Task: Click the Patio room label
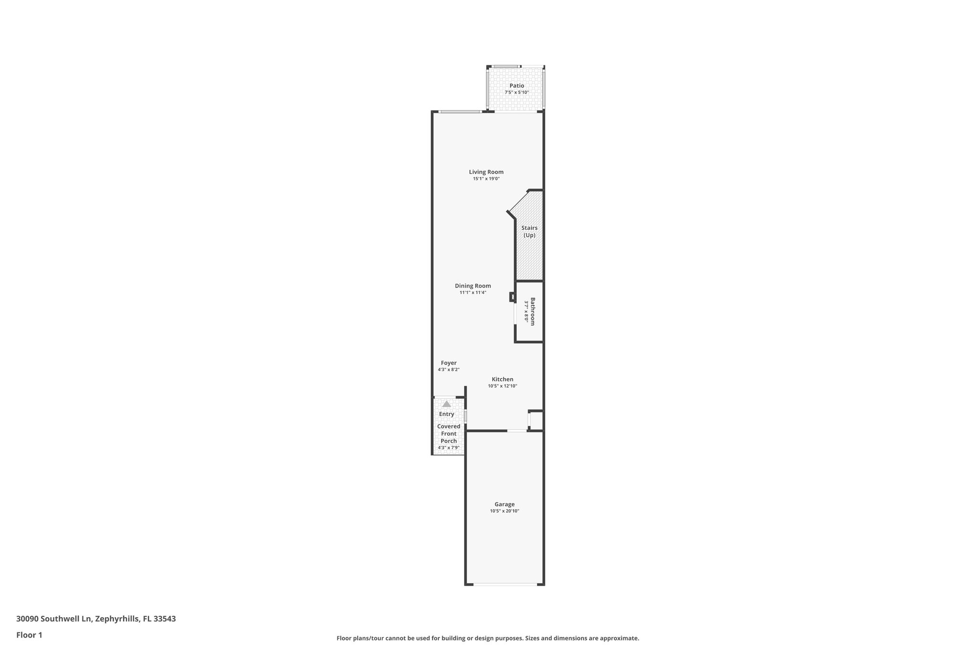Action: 517,86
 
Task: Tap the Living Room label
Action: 486,172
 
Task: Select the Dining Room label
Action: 473,286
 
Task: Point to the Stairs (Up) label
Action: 529,232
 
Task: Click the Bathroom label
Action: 532,311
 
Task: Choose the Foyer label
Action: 448,363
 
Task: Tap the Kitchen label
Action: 502,380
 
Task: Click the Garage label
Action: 504,504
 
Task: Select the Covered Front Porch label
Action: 449,434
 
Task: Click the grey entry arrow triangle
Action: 447,404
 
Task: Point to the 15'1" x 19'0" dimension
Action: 486,179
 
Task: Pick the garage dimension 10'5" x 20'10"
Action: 504,511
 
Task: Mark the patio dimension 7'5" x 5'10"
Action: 517,93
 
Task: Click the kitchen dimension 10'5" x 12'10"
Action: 502,386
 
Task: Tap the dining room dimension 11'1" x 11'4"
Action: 473,293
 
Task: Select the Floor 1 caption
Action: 29,635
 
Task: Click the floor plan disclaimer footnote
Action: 488,638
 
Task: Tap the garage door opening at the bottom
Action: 505,584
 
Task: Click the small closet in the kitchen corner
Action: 536,421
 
